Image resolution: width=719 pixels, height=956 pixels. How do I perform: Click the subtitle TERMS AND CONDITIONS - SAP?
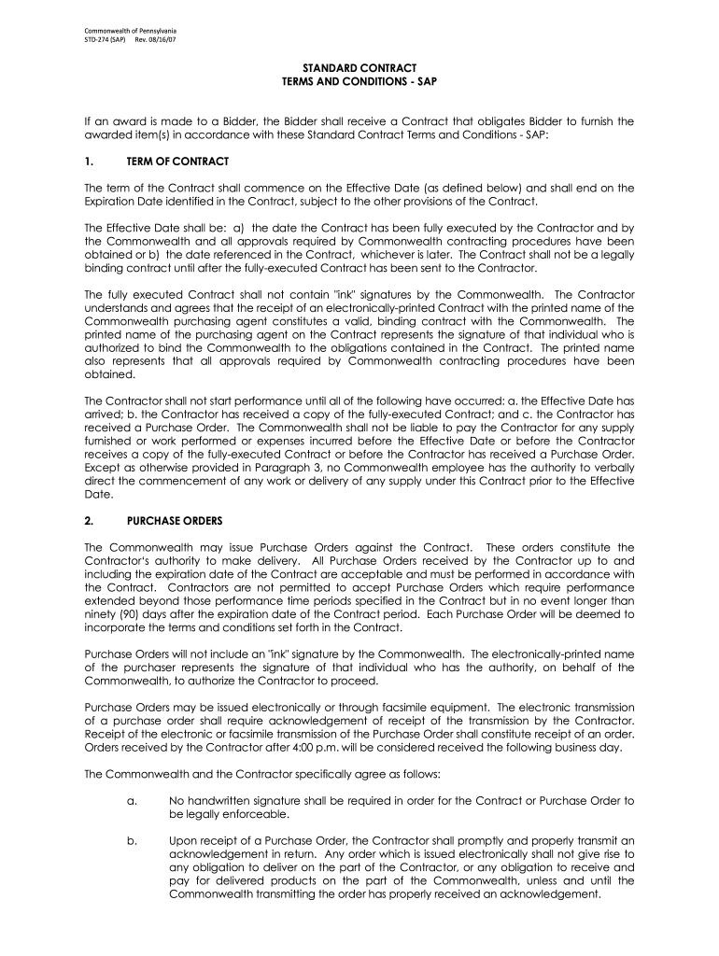(359, 83)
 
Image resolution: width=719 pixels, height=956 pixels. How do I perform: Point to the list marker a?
(132, 801)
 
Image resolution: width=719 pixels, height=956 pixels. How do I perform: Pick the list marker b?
(132, 840)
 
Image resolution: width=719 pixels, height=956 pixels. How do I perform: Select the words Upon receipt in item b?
(198, 840)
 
